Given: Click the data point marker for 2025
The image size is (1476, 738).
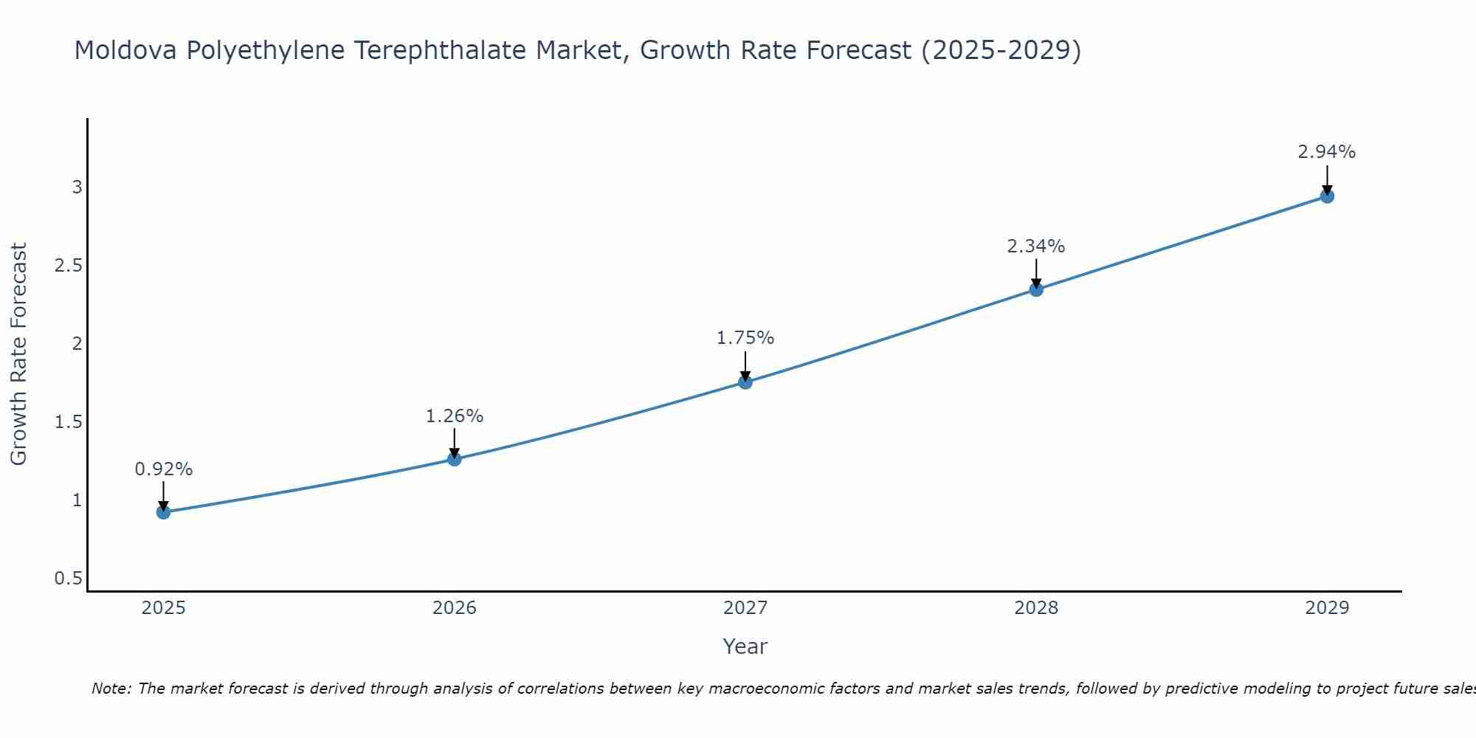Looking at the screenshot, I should pyautogui.click(x=164, y=512).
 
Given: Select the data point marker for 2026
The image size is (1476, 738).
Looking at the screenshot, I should pyautogui.click(x=455, y=459).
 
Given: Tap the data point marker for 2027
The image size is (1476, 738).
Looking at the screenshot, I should pyautogui.click(x=745, y=382).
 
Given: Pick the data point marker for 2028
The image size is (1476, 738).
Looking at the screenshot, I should pyautogui.click(x=1036, y=289).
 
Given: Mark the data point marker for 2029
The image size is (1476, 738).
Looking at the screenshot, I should pyautogui.click(x=1327, y=196).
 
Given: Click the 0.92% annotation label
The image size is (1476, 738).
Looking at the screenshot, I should pyautogui.click(x=164, y=469).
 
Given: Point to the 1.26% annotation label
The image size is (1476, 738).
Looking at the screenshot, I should pyautogui.click(x=455, y=416).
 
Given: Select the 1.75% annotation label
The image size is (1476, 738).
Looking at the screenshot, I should pyautogui.click(x=745, y=338).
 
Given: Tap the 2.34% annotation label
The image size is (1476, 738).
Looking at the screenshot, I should pyautogui.click(x=1036, y=246).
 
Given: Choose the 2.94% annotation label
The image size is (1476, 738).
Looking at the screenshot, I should pyautogui.click(x=1327, y=152).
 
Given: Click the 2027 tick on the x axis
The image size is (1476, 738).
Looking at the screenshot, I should pyautogui.click(x=745, y=608).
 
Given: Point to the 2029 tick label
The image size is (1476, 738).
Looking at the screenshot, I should pyautogui.click(x=1327, y=608).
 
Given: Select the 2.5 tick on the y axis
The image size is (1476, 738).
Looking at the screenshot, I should pyautogui.click(x=68, y=266).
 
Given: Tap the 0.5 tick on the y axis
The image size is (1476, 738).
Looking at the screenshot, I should pyautogui.click(x=68, y=579).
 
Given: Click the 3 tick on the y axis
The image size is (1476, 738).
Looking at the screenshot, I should pyautogui.click(x=77, y=187).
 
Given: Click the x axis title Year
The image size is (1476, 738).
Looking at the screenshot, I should pyautogui.click(x=745, y=646).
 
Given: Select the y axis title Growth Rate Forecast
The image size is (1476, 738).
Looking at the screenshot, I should pyautogui.click(x=18, y=354).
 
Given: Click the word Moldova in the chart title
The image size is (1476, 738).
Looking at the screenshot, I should pyautogui.click(x=125, y=50).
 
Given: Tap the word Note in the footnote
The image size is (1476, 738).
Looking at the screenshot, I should pyautogui.click(x=111, y=689).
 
